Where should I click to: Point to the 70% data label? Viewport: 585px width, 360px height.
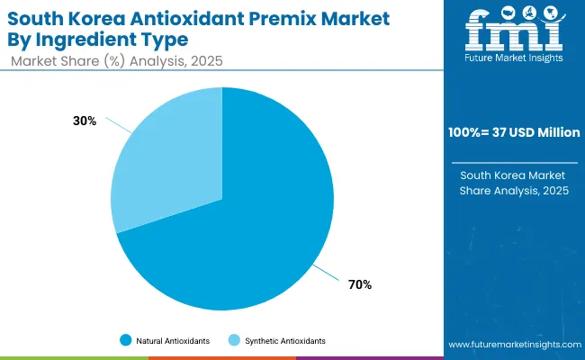tap(360, 284)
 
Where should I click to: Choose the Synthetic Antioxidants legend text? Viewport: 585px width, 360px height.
tap(284, 341)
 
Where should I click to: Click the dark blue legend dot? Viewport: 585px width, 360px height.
tap(125, 341)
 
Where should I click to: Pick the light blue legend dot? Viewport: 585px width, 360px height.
tap(234, 341)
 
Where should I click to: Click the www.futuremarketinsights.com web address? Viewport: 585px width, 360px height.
tap(514, 345)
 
